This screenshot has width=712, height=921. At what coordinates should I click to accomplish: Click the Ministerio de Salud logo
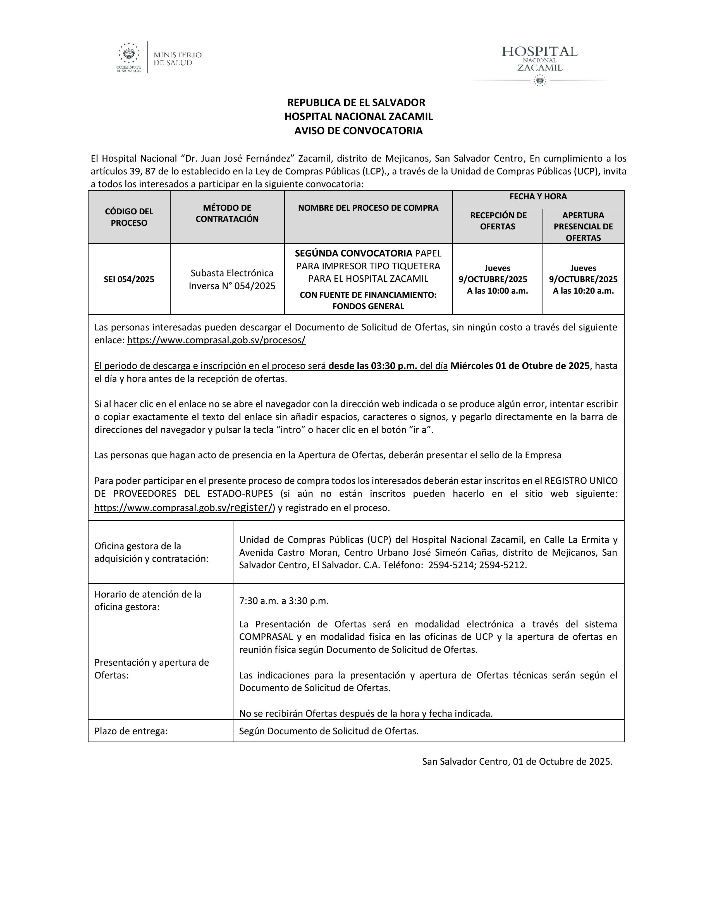pos(159,57)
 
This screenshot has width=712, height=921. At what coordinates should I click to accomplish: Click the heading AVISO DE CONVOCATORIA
pos(358,131)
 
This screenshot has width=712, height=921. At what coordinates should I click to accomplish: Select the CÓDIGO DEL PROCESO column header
pos(129,217)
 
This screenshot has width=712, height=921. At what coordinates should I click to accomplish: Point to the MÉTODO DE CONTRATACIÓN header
pos(227,213)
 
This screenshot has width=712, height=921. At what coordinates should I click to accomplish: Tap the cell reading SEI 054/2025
pos(129,279)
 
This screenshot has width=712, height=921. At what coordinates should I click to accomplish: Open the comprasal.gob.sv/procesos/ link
pos(216,340)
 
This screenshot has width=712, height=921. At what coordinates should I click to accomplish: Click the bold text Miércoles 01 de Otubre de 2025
pos(520,366)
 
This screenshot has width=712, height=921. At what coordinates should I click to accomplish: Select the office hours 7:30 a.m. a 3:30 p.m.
pos(283,601)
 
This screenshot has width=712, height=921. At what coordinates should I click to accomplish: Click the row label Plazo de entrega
pos(131,731)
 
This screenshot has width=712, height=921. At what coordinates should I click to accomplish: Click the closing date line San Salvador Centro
pos(517,761)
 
